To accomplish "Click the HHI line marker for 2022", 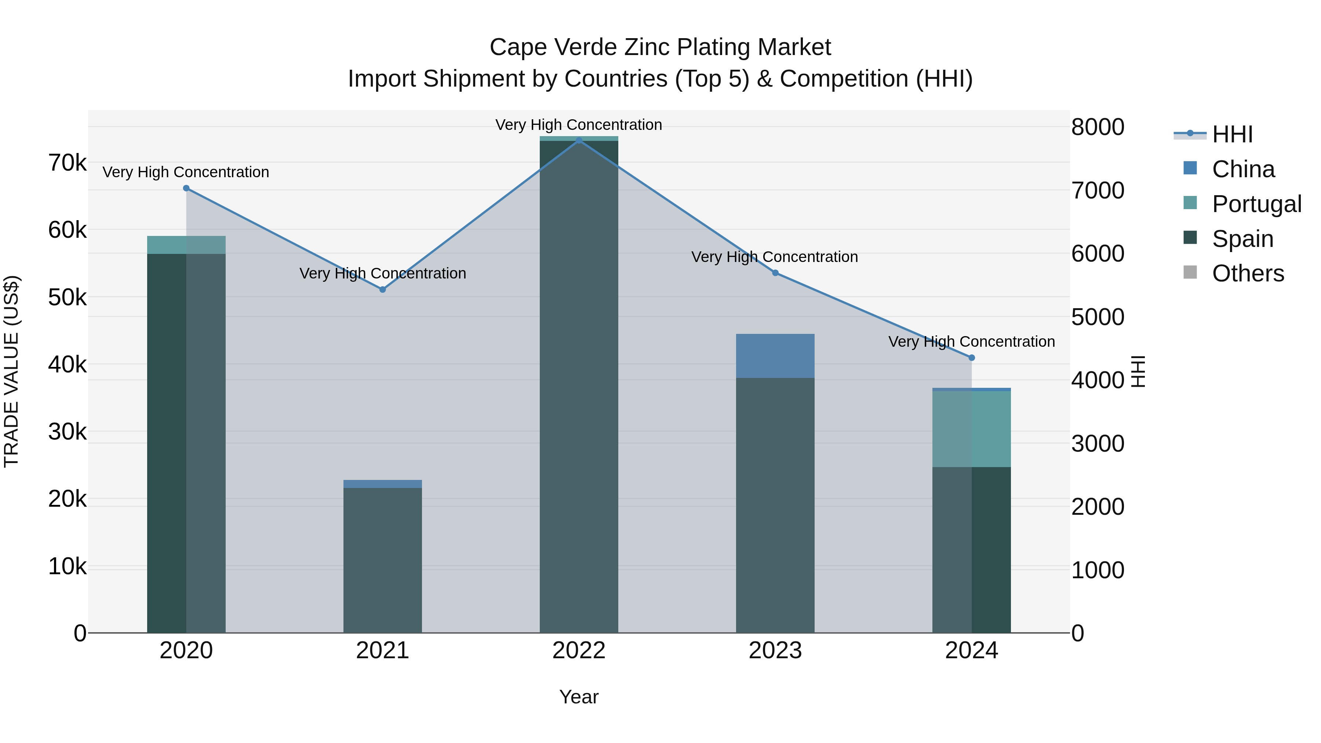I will tap(579, 140).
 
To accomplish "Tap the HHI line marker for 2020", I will tap(186, 188).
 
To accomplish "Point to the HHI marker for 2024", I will tap(972, 358).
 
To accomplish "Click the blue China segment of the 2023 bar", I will tap(775, 356).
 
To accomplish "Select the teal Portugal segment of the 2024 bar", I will tap(971, 429).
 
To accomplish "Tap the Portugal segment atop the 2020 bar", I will tap(186, 245).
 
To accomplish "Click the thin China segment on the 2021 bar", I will tap(383, 484).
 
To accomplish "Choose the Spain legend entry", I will tap(1242, 239).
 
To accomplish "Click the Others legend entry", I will tap(1247, 274).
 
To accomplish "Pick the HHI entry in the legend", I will tap(1232, 134).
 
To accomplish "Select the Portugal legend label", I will tap(1256, 204).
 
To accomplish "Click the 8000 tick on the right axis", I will tap(1098, 127).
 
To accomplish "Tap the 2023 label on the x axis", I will tap(775, 651).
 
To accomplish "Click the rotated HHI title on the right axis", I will tap(1138, 372).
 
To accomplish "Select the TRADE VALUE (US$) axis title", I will tap(11, 371).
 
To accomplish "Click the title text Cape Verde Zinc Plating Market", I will tap(660, 47).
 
